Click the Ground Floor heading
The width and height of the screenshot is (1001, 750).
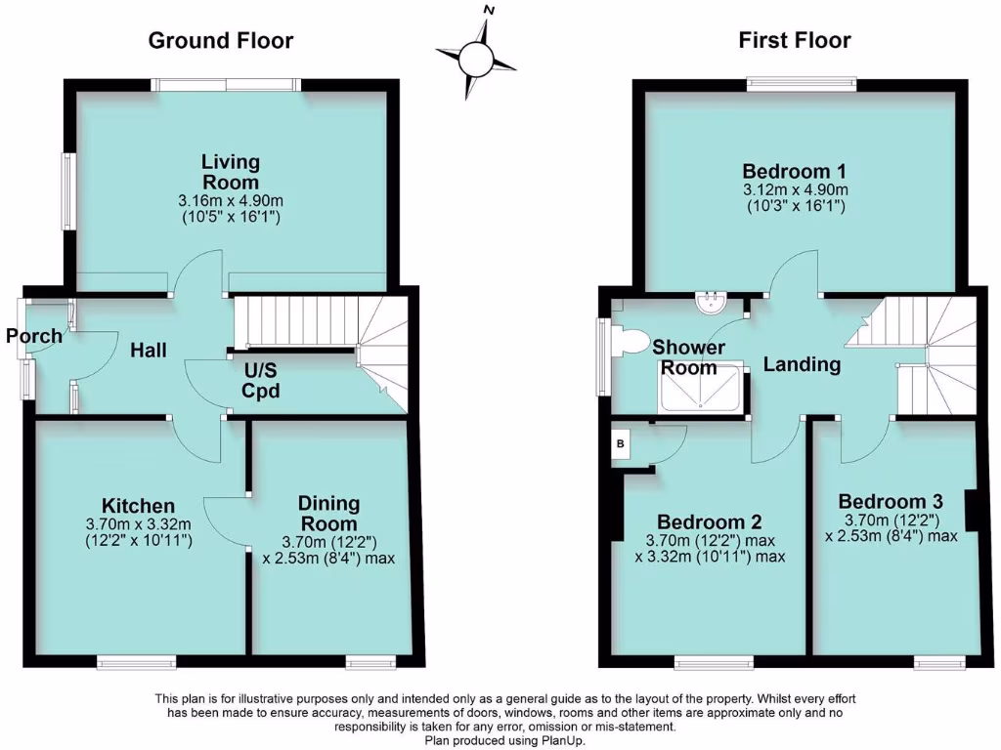(x=220, y=40)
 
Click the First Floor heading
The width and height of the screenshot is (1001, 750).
(x=794, y=40)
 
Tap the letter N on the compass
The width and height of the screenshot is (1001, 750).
(x=489, y=11)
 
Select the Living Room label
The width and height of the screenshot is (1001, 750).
(x=231, y=172)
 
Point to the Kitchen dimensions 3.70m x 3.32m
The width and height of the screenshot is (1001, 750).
(x=138, y=524)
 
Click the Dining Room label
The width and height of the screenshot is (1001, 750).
(x=328, y=514)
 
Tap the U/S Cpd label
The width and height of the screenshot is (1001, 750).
(x=262, y=382)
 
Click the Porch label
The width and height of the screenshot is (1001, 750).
(x=33, y=337)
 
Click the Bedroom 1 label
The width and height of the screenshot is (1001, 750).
(x=794, y=168)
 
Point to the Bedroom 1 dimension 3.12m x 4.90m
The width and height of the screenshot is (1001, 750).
(x=794, y=189)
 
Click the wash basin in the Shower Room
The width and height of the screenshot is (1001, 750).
(x=711, y=304)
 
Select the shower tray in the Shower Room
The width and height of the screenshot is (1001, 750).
(x=702, y=389)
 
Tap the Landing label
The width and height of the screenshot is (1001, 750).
(x=802, y=365)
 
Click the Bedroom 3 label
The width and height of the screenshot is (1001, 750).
(x=891, y=499)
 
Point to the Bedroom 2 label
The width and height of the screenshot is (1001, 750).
(x=709, y=521)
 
